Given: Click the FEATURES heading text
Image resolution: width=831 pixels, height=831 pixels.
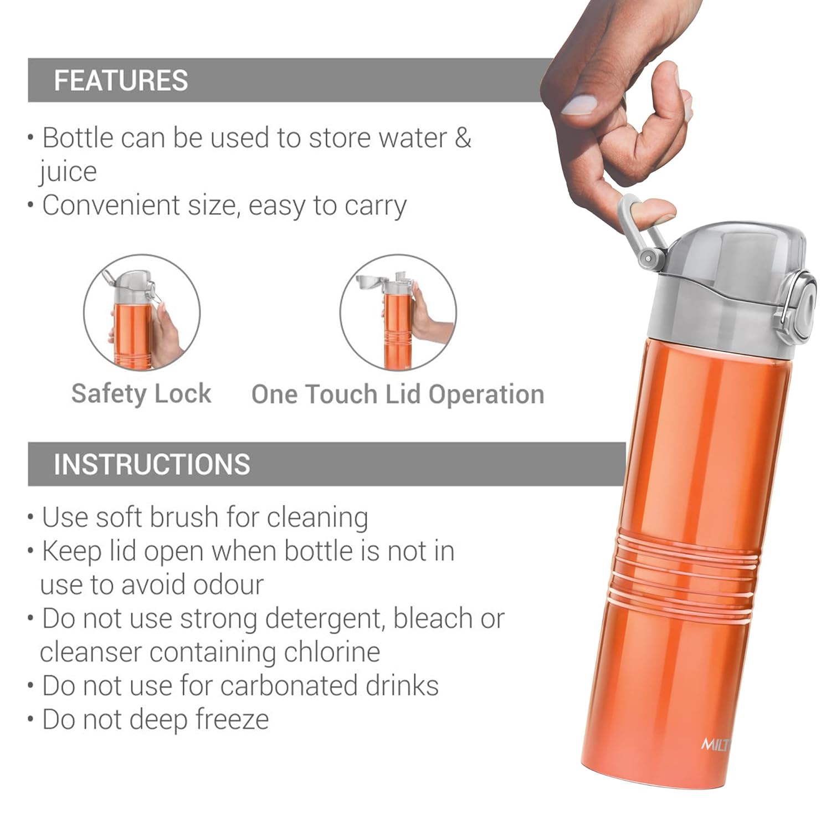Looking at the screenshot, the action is (121, 80).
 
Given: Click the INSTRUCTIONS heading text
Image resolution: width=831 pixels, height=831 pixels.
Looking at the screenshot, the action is (152, 464).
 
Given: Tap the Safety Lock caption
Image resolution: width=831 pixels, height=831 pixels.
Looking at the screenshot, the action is (141, 394).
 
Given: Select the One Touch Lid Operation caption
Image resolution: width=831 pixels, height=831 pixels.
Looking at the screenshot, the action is (398, 394).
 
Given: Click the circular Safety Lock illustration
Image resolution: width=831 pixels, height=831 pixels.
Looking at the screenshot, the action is (142, 313).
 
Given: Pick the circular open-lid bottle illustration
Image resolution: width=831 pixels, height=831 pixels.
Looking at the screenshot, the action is (398, 313).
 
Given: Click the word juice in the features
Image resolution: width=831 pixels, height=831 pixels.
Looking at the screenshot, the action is (68, 172).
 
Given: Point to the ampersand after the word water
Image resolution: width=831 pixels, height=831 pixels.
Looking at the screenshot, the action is (463, 137).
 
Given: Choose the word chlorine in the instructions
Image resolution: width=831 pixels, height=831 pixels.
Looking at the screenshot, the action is (332, 652).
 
